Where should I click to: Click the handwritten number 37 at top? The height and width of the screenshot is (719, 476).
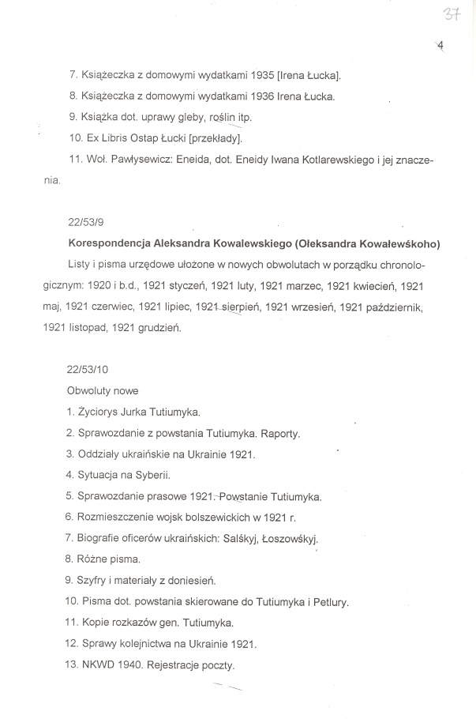[451, 15]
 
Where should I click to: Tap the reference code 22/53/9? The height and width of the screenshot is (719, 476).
[84, 224]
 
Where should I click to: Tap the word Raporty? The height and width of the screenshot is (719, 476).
[281, 433]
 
